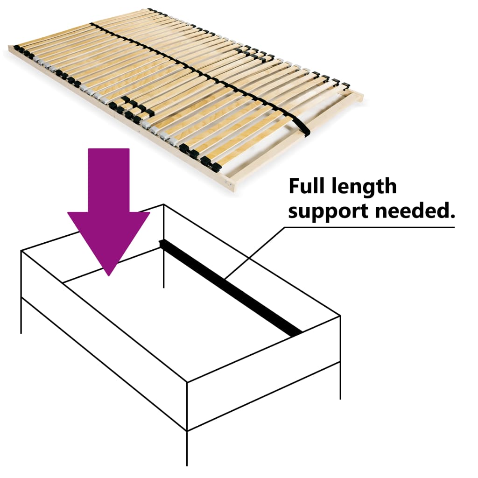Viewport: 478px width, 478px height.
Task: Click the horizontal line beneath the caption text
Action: pos(369,228)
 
